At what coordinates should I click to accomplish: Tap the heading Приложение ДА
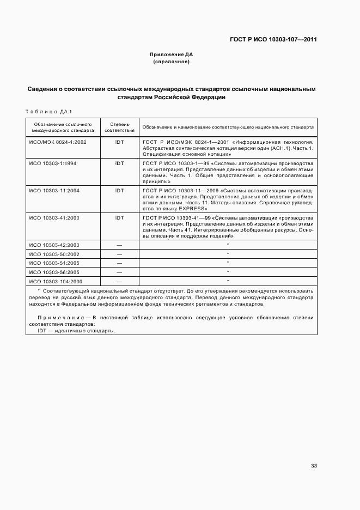tap(172, 55)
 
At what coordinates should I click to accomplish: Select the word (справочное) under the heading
tap(172, 62)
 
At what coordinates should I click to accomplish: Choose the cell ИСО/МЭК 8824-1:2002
tap(57, 142)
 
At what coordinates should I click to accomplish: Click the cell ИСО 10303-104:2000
tap(57, 281)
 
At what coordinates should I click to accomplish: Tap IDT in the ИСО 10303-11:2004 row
tap(119, 191)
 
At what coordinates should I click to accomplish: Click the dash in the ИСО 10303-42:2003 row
tap(119, 245)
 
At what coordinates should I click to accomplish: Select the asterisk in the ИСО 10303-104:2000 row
tap(228, 281)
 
